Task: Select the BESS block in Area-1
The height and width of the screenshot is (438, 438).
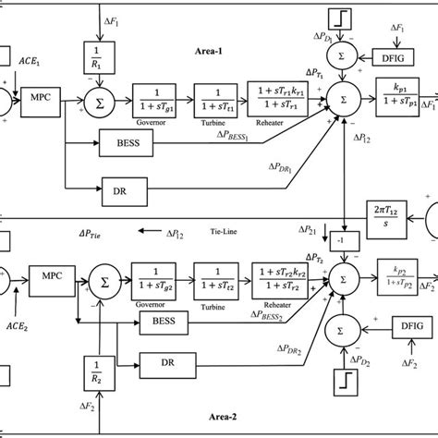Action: click(121, 141)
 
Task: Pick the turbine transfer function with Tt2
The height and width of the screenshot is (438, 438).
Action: click(219, 274)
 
